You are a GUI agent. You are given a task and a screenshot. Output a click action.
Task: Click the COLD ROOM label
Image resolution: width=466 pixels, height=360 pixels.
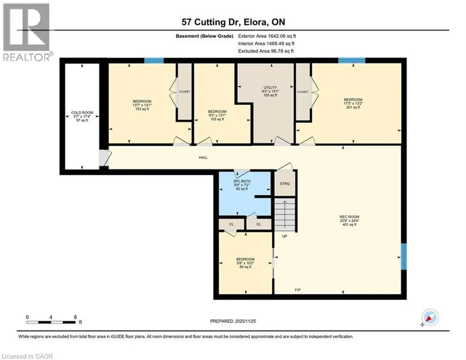click(x=82, y=112)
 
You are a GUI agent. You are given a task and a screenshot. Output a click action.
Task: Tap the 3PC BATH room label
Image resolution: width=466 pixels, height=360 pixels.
click(x=242, y=181)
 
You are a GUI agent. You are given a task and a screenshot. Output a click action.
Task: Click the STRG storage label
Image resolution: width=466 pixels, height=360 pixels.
click(x=285, y=184)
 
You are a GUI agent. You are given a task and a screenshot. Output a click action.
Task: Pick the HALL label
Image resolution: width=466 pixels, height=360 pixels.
click(x=203, y=158)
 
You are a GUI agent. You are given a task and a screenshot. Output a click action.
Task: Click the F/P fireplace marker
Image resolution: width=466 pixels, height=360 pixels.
click(x=298, y=289)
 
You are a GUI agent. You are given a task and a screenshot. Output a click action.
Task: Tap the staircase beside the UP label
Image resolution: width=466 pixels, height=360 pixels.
click(x=285, y=214)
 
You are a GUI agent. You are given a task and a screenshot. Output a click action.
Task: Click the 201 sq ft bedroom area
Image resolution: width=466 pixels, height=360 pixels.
click(x=353, y=107)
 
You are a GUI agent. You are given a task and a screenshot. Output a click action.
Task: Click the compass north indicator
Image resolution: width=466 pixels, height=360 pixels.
click(x=430, y=318)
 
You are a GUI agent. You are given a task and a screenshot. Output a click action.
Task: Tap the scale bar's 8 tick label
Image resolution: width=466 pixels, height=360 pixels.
click(x=75, y=317)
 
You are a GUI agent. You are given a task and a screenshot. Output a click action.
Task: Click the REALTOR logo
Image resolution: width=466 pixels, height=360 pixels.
click(x=27, y=32)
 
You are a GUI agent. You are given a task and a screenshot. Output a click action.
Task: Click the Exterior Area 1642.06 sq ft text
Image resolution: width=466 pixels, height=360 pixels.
click(x=267, y=36)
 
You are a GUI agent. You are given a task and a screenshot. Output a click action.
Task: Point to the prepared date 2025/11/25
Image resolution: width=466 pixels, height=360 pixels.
click(x=245, y=321)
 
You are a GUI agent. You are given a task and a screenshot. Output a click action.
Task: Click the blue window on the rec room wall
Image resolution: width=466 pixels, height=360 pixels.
click(x=404, y=257)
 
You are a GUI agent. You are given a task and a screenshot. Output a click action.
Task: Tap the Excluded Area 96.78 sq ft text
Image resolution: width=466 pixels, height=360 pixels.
click(x=265, y=51)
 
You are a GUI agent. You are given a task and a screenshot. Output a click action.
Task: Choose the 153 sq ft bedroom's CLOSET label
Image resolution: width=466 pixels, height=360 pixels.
click(x=185, y=92)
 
